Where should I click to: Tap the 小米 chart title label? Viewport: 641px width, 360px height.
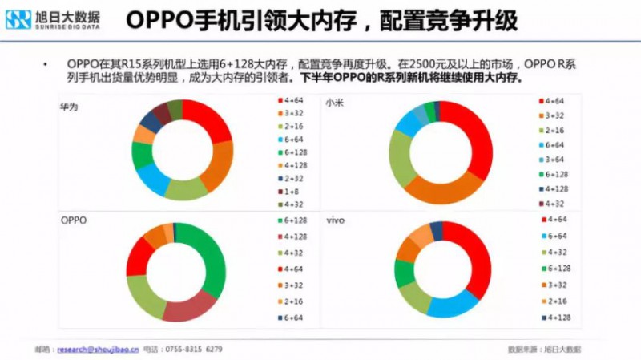333,105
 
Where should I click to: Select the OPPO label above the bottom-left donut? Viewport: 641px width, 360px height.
74,219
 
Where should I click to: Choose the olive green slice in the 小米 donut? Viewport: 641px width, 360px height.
400,156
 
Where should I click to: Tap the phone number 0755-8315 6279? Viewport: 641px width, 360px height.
193,349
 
